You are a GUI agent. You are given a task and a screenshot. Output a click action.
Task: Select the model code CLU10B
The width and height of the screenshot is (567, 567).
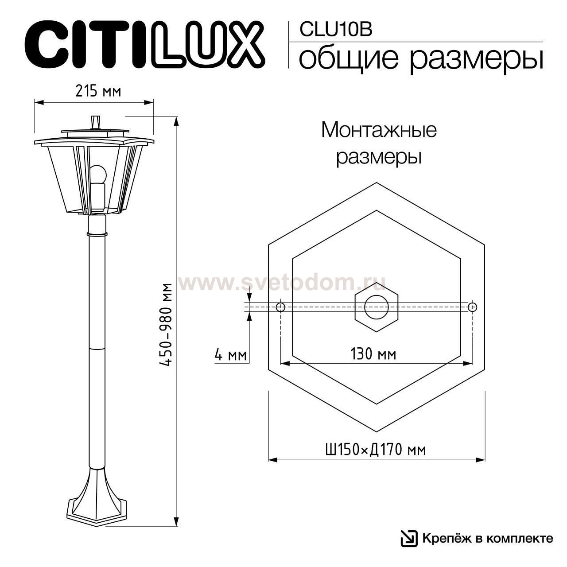click(x=335, y=30)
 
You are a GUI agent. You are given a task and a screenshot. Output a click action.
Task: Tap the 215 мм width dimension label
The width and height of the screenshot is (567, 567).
click(x=98, y=91)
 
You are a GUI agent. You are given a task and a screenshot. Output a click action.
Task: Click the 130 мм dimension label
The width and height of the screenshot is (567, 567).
click(x=373, y=354)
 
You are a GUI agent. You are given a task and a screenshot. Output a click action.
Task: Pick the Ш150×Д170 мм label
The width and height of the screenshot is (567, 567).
click(x=375, y=450)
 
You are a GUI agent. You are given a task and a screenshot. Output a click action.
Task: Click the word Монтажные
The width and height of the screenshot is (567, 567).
click(x=379, y=130)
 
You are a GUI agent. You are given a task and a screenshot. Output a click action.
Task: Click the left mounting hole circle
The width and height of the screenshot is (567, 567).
click(x=280, y=307)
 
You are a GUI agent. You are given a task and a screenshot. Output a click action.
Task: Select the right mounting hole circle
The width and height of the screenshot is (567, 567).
click(x=473, y=307)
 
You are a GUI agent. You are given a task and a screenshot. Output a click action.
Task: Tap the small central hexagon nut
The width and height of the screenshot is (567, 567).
click(x=377, y=307)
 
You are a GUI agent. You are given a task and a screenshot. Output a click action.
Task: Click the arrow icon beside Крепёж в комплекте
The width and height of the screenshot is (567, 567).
click(x=409, y=538)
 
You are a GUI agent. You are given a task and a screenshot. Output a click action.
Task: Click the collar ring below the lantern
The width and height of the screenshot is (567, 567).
click(x=97, y=232)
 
